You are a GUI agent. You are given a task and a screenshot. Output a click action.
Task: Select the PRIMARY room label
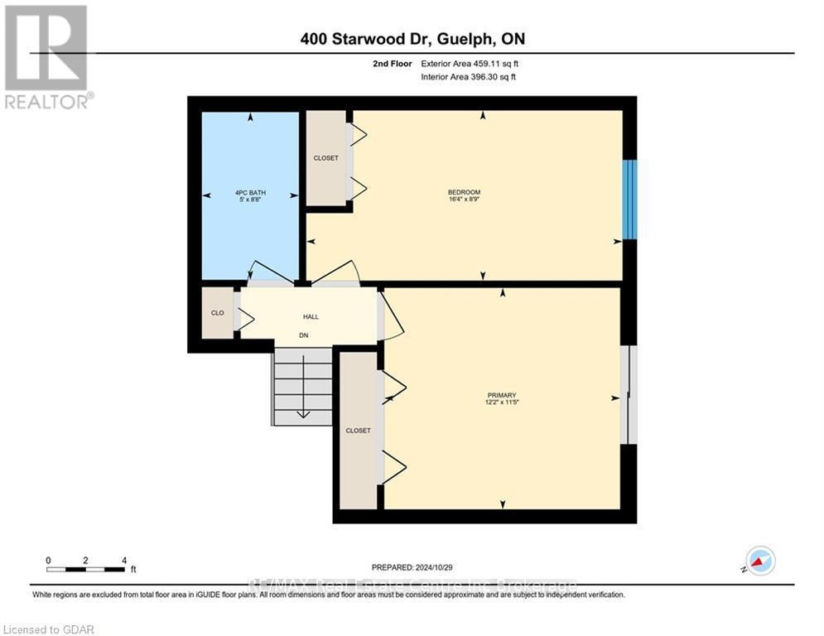pos(502,395)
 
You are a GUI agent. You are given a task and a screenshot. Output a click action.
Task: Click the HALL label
pos(311,316)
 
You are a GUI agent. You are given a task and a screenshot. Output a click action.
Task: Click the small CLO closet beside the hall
pos(218,313)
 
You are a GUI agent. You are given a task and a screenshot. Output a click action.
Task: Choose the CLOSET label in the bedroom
pos(325,158)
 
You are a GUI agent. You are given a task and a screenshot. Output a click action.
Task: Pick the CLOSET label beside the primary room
pos(358,431)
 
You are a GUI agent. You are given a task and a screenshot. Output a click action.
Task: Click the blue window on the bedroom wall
pos(629,199)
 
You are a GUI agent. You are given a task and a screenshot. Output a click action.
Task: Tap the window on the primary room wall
pos(629,394)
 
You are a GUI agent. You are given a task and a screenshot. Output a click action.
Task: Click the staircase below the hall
pos(303,386)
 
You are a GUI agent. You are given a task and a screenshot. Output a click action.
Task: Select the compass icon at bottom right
pos(759,561)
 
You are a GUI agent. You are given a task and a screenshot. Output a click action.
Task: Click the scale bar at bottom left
pos(86,569)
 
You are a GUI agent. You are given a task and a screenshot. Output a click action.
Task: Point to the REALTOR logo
pos(47,57)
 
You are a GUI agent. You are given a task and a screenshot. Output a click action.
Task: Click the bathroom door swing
pos(271,272)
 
